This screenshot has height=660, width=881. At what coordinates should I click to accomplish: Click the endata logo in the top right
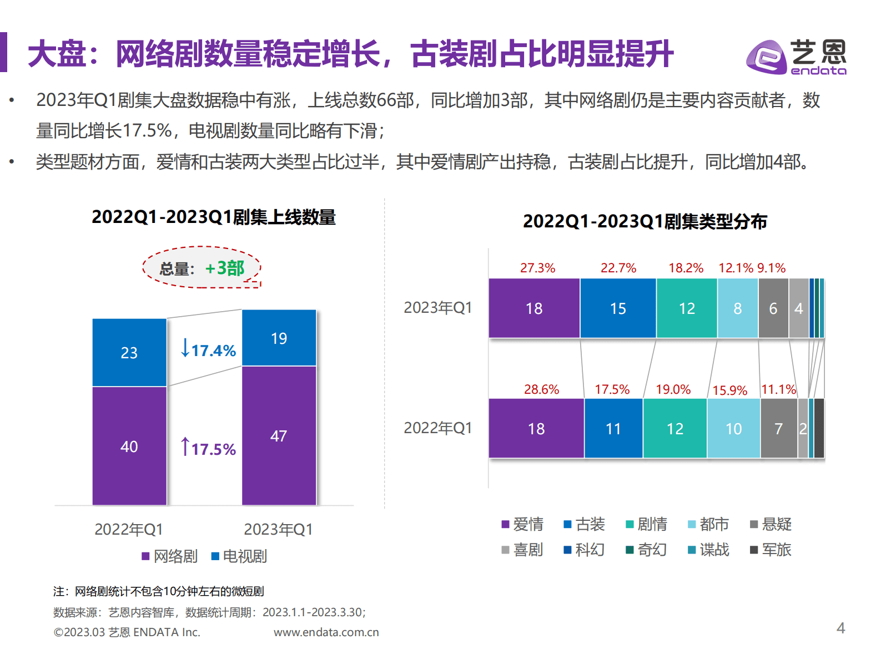[x=796, y=57]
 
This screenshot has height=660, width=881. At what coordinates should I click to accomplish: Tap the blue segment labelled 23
[x=129, y=352]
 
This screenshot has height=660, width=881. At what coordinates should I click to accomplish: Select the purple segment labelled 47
[x=279, y=435]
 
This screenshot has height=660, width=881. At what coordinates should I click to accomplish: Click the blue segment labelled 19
[x=279, y=338]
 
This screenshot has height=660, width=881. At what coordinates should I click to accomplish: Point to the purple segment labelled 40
[x=129, y=446]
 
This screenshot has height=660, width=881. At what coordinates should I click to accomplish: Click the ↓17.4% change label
[x=208, y=349]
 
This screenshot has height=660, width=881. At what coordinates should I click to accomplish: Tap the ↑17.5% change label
[x=208, y=448]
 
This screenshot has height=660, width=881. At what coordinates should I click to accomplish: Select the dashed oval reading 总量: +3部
[x=202, y=268]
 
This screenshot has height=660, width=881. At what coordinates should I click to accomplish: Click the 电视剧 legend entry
[x=239, y=556]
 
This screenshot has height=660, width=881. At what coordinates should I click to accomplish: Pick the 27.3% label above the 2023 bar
[x=537, y=268]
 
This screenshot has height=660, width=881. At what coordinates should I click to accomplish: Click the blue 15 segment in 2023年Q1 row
[x=618, y=308]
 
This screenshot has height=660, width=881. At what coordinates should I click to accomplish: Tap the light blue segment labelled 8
[x=737, y=308]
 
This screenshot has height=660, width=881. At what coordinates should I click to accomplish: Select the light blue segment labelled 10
[x=733, y=428]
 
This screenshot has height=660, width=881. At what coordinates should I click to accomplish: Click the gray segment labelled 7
[x=778, y=428]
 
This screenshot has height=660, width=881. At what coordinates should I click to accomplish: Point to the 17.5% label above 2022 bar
[x=612, y=389]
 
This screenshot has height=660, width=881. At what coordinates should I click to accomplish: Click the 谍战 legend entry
[x=708, y=550]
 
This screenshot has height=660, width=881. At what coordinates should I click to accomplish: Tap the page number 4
[x=840, y=628]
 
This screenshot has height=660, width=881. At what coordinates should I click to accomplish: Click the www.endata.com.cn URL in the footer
[x=326, y=632]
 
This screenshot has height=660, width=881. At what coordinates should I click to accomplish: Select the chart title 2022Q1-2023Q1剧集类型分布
[x=645, y=221]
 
